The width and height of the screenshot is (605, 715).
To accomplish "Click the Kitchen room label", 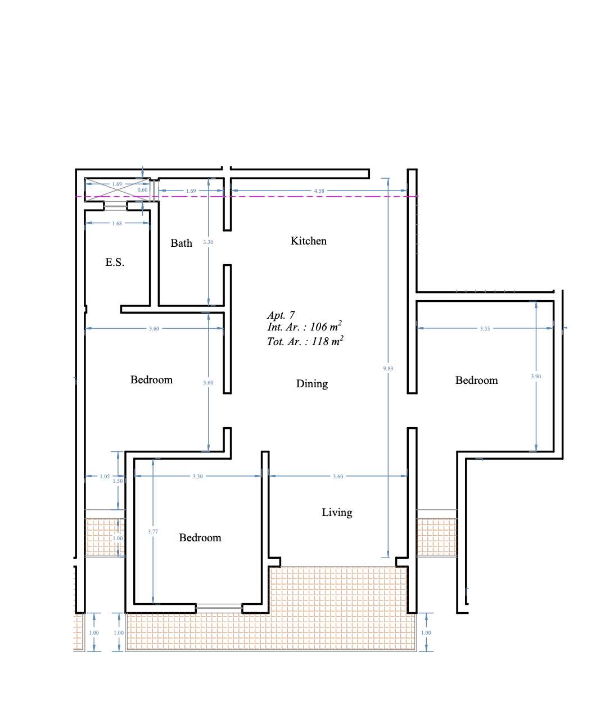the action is pos(308,241).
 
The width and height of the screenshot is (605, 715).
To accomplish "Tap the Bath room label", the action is pos(181,243).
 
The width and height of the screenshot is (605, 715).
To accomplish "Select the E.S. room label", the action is pos(115,262).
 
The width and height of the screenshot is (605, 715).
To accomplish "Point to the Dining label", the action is pos(312,383).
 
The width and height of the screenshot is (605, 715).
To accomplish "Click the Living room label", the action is pos(337,512).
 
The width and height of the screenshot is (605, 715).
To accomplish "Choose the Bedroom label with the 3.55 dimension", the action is pos(476,380).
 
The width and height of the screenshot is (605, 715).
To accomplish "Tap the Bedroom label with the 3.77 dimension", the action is pos(200,537).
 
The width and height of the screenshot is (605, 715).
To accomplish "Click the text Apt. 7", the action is pos(281,315).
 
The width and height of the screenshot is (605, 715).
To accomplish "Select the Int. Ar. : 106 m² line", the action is pos(304,326).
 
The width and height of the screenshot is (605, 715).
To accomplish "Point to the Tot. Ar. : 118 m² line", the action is pos(305,341).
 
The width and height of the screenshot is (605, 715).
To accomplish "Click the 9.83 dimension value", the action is pos(388,368).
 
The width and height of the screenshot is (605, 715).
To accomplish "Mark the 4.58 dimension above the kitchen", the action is pos(319,191).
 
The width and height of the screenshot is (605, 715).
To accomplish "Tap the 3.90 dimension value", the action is pos(536,377).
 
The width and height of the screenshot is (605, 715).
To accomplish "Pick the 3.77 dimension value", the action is pos(153,531).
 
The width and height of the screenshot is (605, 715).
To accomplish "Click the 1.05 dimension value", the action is pos(105,476).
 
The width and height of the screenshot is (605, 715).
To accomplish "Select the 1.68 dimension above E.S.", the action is pos(117,224).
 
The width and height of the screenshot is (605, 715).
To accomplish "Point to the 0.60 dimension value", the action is pos(142,190).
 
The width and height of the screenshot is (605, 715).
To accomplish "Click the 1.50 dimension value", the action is pos(118,481).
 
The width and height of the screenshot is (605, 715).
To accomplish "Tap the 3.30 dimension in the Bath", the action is pos(208,242).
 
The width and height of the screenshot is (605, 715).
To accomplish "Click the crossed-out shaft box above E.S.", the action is pos(118,189).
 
